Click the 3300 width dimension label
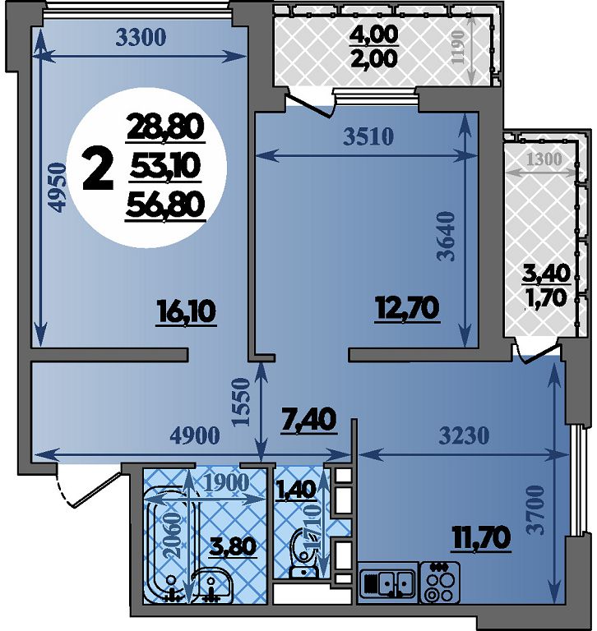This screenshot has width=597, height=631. click(x=141, y=38)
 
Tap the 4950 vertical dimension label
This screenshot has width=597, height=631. click(x=57, y=187)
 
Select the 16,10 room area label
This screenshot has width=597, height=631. click(x=187, y=312)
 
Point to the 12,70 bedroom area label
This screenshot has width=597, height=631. click(x=406, y=309)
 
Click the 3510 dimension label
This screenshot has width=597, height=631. click(x=368, y=137)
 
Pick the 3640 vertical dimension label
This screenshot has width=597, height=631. click(x=447, y=237)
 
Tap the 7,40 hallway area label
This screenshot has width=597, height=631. click(x=309, y=420)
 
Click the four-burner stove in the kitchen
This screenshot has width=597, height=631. click(x=439, y=583)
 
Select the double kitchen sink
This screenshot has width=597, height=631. click(x=387, y=583)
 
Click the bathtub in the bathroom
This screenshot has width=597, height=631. click(x=170, y=546)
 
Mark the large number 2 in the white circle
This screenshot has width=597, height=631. click(x=98, y=168)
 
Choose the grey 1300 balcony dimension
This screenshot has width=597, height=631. click(x=544, y=159)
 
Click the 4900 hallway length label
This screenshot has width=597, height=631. click(x=196, y=435)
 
